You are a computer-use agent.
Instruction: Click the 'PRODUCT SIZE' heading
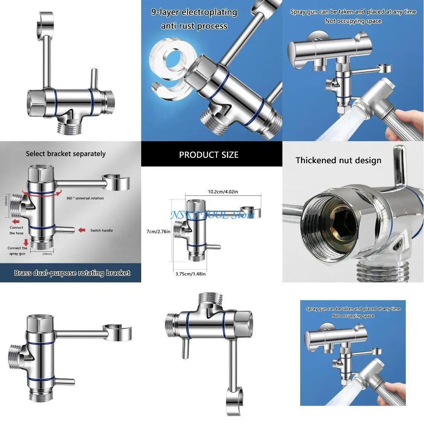tap(209, 155)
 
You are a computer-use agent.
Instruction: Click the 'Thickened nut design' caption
tap(338, 160)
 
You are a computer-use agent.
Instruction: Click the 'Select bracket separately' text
tap(66, 154)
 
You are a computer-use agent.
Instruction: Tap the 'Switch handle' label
tap(101, 230)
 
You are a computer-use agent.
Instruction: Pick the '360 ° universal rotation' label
tap(85, 198)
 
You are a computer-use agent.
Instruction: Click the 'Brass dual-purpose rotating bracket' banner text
tap(72, 273)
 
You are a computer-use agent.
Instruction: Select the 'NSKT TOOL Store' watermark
tap(212, 215)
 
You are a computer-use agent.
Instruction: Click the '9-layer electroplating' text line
tap(194, 12)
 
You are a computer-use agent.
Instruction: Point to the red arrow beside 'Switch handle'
tap(82, 230)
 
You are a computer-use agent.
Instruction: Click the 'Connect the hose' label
tap(17, 230)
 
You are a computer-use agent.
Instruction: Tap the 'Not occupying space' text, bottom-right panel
tap(353, 316)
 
